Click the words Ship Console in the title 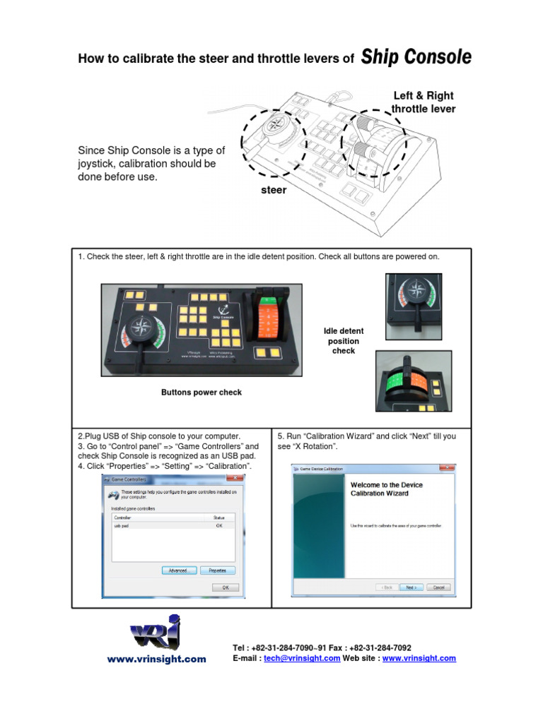(x=416, y=58)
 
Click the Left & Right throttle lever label (x=424, y=102)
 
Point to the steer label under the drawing (x=274, y=190)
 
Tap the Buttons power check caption (x=202, y=393)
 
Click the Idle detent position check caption (x=344, y=340)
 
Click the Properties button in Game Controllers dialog (x=217, y=570)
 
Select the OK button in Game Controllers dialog (x=226, y=587)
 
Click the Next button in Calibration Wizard (x=410, y=587)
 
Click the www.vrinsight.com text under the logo (x=156, y=659)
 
